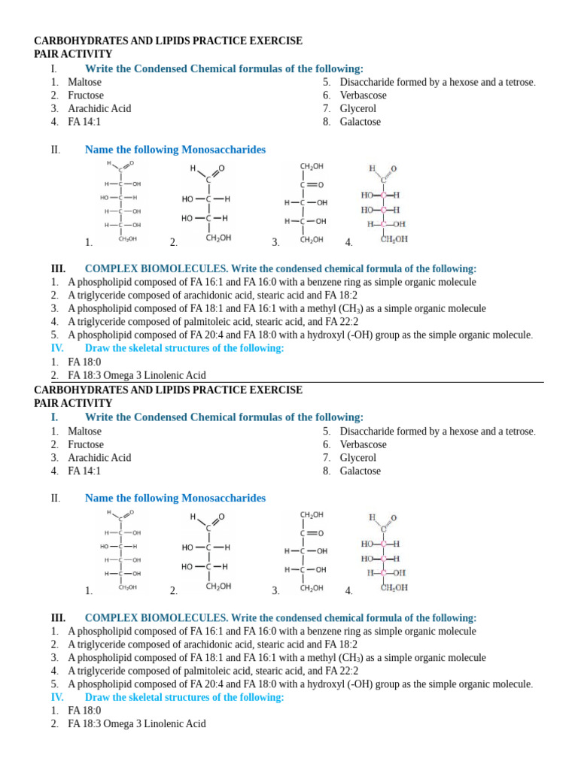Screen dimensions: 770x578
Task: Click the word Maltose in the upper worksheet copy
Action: coord(84,82)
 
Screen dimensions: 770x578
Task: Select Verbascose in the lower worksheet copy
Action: coord(363,444)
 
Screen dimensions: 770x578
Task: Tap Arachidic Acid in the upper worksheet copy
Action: coord(99,108)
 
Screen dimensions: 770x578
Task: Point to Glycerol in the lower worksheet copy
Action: coord(357,457)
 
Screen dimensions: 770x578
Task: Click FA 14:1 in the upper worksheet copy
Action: coord(84,122)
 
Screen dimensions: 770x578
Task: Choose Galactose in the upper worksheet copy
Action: coord(360,122)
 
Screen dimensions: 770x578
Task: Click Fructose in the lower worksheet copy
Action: coord(86,444)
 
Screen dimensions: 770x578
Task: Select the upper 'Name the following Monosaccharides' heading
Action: coord(175,150)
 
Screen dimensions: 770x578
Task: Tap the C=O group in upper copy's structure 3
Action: coord(312,184)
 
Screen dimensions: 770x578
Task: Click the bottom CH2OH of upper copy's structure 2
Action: coord(218,238)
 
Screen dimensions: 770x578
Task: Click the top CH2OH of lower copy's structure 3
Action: coord(312,514)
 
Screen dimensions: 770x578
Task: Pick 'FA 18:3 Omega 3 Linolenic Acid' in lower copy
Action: coord(136,723)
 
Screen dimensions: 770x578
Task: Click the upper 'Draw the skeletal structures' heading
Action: coord(184,348)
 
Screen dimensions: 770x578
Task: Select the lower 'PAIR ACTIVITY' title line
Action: coord(73,403)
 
